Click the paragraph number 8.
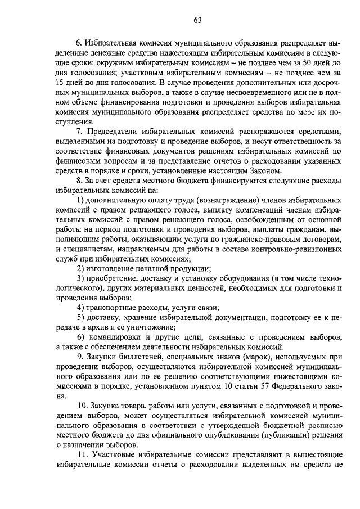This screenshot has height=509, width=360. [79, 180]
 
